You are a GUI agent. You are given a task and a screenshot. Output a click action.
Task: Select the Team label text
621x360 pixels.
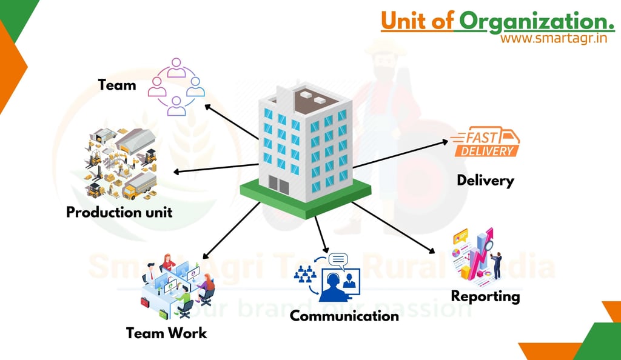(x=117, y=85)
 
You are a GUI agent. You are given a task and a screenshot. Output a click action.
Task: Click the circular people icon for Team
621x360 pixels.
(x=176, y=87)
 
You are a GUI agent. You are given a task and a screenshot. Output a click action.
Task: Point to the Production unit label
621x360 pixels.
(x=119, y=212)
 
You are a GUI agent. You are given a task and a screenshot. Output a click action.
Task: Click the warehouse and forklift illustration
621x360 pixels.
(x=120, y=164)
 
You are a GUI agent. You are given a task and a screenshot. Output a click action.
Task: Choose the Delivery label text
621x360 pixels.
(x=485, y=180)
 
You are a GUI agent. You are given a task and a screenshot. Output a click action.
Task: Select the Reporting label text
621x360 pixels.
(x=485, y=296)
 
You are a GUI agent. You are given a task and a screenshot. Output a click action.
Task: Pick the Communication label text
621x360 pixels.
(x=344, y=316)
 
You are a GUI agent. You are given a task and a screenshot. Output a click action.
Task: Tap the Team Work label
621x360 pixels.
(x=166, y=333)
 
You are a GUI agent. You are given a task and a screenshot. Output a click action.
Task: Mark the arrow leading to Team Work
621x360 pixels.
(x=231, y=231)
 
